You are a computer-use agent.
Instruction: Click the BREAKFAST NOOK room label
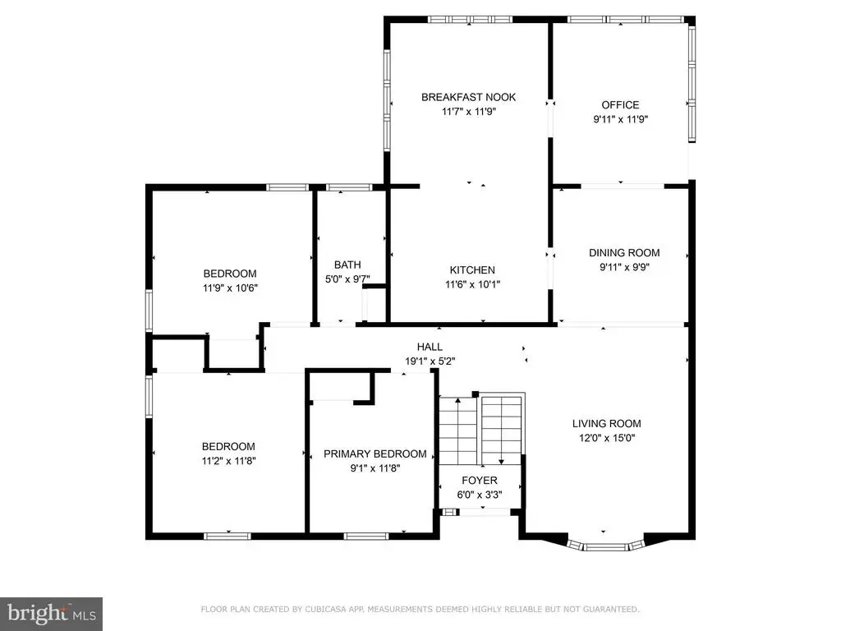468,97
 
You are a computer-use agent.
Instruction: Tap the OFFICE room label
620,105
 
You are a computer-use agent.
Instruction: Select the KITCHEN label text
472,269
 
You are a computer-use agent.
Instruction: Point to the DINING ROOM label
624,253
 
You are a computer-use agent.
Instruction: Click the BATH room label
347,265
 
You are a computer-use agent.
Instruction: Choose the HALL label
430,348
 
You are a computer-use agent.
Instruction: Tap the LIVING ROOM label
607,423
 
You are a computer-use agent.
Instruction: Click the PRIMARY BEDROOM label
375,454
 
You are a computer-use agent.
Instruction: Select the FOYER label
480,480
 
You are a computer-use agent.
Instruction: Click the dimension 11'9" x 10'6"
230,288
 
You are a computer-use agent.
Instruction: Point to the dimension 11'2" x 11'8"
228,461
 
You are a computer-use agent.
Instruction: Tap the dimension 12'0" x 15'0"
607,438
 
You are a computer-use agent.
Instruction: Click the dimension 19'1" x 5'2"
430,362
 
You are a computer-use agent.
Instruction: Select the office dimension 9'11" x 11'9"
620,120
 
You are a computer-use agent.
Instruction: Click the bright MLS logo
51,614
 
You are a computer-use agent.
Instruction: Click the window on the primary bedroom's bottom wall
366,536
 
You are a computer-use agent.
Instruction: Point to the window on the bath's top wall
348,187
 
